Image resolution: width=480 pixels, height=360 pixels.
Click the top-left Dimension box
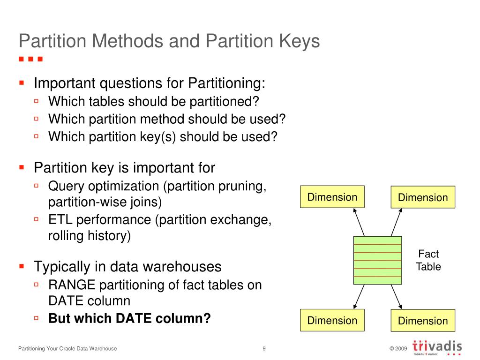pos(332,197)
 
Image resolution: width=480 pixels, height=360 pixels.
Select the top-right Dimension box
pos(423,197)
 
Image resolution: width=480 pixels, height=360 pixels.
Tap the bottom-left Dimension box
pos(332,321)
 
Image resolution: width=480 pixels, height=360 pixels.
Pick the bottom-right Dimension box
pos(423,321)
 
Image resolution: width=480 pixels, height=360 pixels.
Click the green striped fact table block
pos(377,260)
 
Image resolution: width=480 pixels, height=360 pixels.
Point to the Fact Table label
pos(428,260)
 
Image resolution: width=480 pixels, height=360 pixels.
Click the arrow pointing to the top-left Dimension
pos(359,222)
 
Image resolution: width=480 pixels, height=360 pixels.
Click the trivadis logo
pos(437,348)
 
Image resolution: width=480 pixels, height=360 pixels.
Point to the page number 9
pos(264,348)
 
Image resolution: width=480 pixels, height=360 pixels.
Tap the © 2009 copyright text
pos(398,349)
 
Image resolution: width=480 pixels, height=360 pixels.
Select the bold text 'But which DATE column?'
pos(129,318)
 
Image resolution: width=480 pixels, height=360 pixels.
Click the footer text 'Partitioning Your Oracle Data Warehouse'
pos(67,348)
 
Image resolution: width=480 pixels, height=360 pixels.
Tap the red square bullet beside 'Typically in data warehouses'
pos(22,266)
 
